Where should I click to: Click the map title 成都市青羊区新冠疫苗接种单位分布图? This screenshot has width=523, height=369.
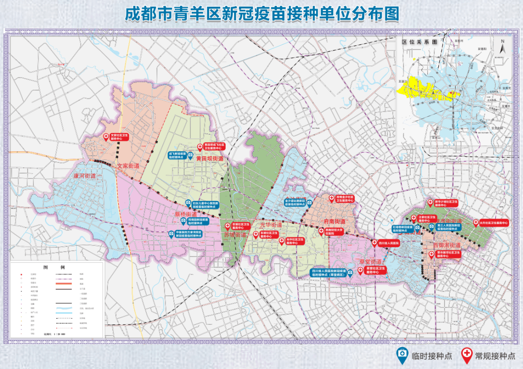click(x=261, y=14)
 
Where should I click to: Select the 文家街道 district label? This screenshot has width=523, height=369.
click(x=128, y=166)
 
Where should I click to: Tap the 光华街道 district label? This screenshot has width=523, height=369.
click(x=271, y=225)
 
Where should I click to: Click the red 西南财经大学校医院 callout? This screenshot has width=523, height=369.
click(x=337, y=232)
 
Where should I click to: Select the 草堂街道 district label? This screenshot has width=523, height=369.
click(x=371, y=262)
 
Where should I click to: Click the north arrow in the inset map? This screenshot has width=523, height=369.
click(x=503, y=48)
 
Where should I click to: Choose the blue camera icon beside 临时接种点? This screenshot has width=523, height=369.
click(x=402, y=355)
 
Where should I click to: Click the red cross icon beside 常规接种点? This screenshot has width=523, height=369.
click(x=467, y=355)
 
